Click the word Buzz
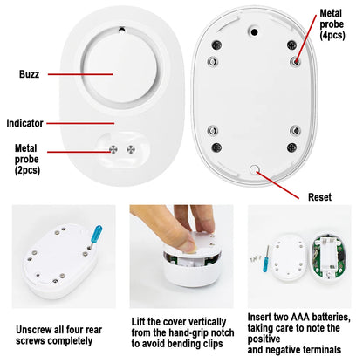29,74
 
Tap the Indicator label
25,123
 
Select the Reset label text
319,197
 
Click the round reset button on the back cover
254,169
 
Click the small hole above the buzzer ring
122,30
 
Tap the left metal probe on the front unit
113,149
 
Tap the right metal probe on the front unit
131,149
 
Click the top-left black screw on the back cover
216,45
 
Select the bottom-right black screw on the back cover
291,147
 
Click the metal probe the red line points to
296,61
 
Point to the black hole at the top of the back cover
254,32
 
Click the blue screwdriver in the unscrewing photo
96,236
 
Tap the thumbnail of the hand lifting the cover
181,257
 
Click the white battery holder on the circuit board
329,255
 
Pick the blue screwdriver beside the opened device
266,259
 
